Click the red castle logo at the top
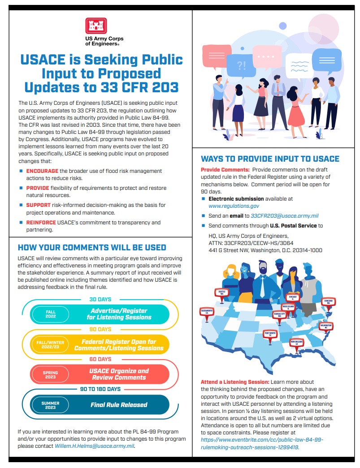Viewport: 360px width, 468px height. coord(96,27)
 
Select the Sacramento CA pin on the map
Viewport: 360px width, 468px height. coord(207,311)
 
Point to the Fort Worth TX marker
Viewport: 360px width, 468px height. coord(270,334)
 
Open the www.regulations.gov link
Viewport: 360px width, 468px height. coord(234,206)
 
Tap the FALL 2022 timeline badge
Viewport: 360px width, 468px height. coord(50,314)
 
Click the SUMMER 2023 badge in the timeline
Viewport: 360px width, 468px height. coord(50,405)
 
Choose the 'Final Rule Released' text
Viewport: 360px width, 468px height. coord(119,405)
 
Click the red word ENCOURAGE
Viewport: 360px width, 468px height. coord(42,171)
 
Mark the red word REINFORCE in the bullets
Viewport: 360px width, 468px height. coord(41,223)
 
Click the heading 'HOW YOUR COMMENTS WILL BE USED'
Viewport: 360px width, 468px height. coord(92,247)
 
